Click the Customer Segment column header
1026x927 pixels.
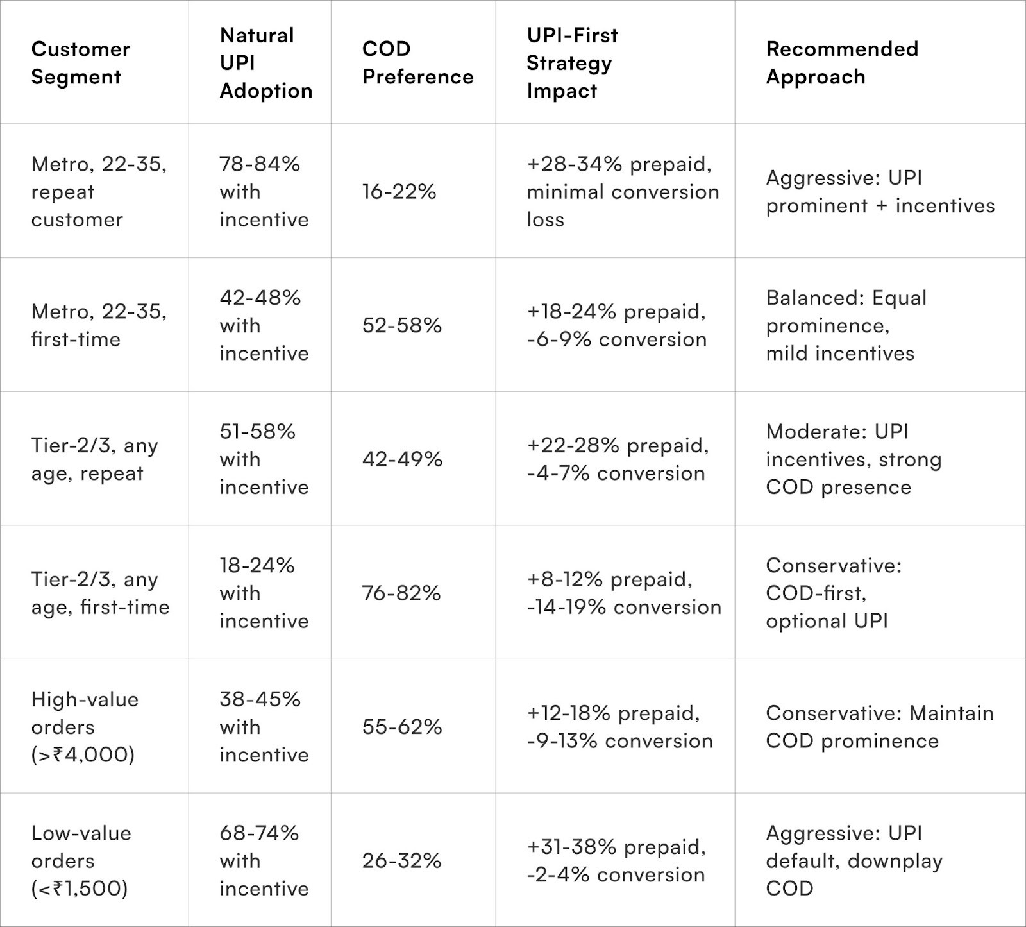(81, 63)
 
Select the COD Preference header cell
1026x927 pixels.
(417, 63)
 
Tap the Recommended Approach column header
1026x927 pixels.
(842, 63)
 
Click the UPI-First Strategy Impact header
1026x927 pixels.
(572, 63)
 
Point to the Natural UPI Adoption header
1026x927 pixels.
(265, 63)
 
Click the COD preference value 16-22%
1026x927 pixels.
(399, 192)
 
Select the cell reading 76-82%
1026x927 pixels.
(401, 593)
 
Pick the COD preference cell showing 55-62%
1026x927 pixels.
(402, 727)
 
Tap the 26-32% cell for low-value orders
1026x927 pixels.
(401, 860)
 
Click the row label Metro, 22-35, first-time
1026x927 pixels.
(99, 325)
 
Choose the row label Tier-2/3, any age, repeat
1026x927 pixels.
(94, 459)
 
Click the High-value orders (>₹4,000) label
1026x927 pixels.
(85, 727)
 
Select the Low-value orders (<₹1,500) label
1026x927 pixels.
(81, 860)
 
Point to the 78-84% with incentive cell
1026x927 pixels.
(264, 192)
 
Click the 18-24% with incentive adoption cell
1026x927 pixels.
(264, 593)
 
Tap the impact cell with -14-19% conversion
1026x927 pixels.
(623, 593)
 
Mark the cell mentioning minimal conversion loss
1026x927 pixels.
(622, 192)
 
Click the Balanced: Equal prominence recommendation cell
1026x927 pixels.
(846, 325)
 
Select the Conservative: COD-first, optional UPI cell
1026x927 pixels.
(834, 593)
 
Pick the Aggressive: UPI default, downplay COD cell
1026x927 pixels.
(854, 860)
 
